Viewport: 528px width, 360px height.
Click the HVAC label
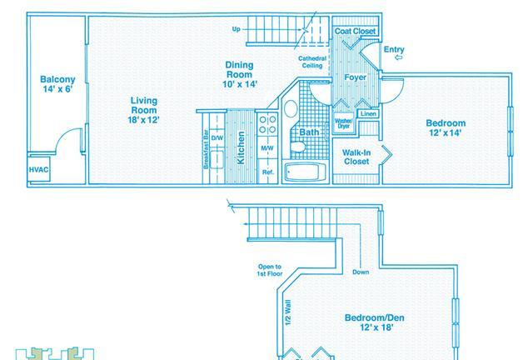[x=38, y=169]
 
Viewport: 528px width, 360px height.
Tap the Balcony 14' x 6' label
[x=57, y=84]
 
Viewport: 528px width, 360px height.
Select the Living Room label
[x=144, y=110]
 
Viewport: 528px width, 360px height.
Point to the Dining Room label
[x=239, y=74]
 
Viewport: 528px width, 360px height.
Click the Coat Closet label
[x=355, y=31]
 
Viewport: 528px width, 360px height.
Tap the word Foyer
[x=356, y=77]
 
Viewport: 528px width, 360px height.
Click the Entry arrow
[x=399, y=57]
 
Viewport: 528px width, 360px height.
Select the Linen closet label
[x=368, y=113]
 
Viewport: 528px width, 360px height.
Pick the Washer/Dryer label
[x=343, y=123]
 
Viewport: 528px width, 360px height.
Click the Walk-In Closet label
[x=356, y=157]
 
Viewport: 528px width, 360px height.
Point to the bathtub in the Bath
[x=305, y=172]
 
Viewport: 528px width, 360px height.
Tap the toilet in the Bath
[x=297, y=147]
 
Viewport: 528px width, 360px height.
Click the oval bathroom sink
[x=291, y=108]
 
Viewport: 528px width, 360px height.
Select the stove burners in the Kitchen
[x=267, y=124]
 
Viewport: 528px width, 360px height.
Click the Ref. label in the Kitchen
[x=268, y=172]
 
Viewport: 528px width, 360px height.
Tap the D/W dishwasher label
[x=217, y=137]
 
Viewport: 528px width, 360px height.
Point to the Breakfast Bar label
[x=206, y=149]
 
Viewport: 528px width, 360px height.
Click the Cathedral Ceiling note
[x=312, y=62]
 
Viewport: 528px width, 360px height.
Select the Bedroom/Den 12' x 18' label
[x=375, y=322]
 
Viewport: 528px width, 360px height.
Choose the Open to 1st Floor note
[x=269, y=270]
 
